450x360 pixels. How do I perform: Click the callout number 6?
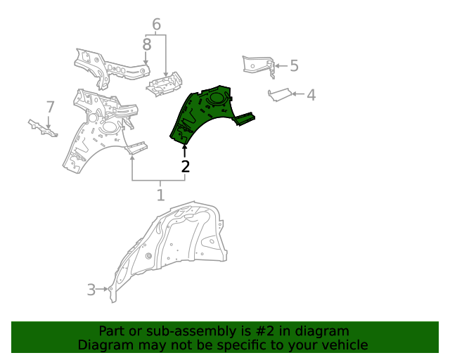(x=156, y=25)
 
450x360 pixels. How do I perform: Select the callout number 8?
(x=146, y=45)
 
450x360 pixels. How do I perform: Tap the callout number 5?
(x=294, y=66)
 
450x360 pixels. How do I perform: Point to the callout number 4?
(x=310, y=94)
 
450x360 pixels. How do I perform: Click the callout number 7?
(x=50, y=107)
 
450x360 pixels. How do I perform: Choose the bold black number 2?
(x=185, y=167)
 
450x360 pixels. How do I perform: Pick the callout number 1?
(x=160, y=195)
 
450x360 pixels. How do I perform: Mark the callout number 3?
(x=91, y=289)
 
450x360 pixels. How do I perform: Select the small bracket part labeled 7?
(x=42, y=127)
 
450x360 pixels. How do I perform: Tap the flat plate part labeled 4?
(x=280, y=94)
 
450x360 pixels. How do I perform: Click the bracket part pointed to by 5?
(x=258, y=65)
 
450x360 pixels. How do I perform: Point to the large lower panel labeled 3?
(x=176, y=243)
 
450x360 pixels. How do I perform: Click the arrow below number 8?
(x=146, y=62)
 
